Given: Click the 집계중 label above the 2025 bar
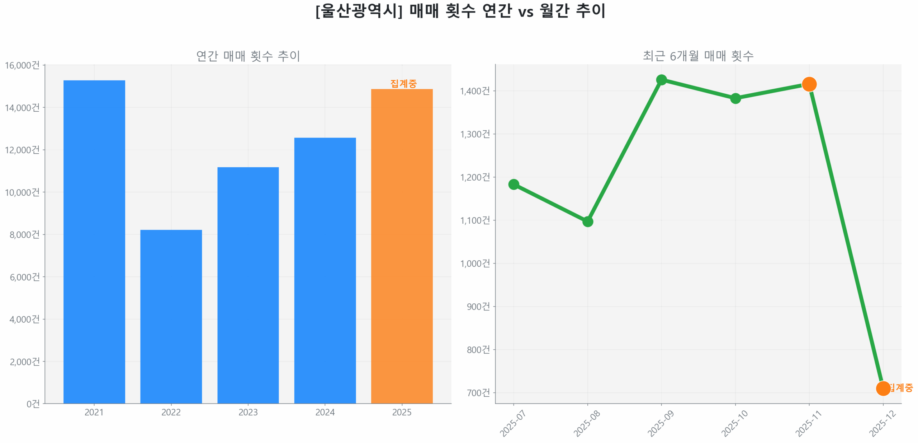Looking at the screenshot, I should pyautogui.click(x=403, y=83).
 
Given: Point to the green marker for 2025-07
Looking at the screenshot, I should pyautogui.click(x=514, y=184).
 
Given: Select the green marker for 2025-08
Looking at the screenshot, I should pyautogui.click(x=587, y=221).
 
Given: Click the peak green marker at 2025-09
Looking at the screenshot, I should pyautogui.click(x=661, y=80).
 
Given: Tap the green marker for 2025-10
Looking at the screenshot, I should pyautogui.click(x=735, y=98).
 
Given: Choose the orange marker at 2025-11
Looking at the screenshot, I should pyautogui.click(x=809, y=84).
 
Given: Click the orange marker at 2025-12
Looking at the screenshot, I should pyautogui.click(x=882, y=388).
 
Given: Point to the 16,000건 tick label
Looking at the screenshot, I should pyautogui.click(x=22, y=65).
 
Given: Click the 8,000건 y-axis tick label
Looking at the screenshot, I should pyautogui.click(x=24, y=234).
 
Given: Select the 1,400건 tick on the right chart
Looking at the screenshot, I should pyautogui.click(x=475, y=91).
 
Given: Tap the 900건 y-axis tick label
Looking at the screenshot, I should pyautogui.click(x=478, y=306).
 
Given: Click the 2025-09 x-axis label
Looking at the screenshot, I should pyautogui.click(x=661, y=424).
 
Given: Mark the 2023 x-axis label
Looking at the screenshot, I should pyautogui.click(x=248, y=412).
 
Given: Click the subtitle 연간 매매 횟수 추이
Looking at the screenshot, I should pyautogui.click(x=248, y=56).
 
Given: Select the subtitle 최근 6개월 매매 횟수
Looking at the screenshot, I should pyautogui.click(x=698, y=56).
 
